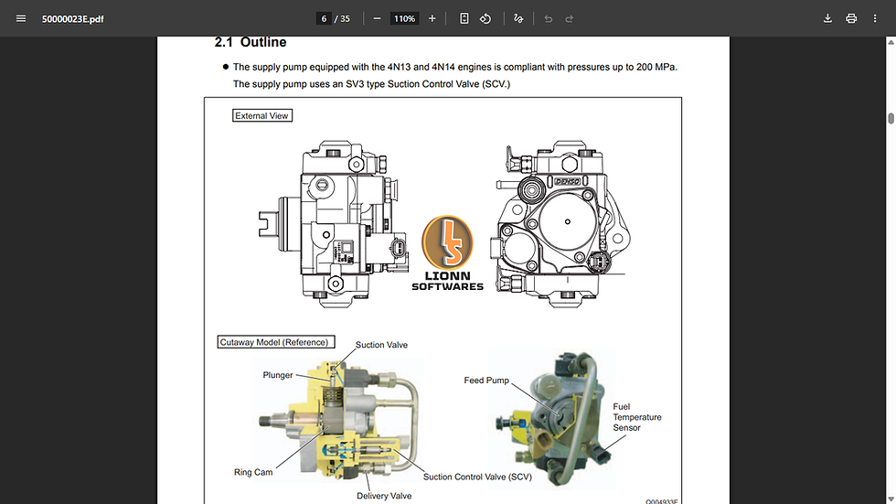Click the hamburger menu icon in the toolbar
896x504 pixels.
click(21, 18)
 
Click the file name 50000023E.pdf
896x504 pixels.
click(72, 19)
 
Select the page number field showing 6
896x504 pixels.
click(324, 18)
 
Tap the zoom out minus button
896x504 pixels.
click(377, 18)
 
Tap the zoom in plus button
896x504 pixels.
click(432, 18)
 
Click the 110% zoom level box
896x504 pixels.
click(404, 18)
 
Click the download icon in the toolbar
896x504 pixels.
click(827, 18)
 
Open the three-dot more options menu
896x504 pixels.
click(875, 18)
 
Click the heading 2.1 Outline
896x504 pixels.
click(250, 42)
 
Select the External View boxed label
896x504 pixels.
click(261, 116)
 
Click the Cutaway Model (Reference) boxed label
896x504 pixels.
click(273, 342)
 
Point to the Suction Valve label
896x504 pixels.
click(381, 345)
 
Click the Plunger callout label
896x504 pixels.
click(278, 375)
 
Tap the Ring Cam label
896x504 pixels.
click(253, 473)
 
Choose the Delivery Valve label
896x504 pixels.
click(384, 496)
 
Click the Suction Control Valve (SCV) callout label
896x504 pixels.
click(477, 477)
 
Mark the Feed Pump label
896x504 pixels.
click(486, 381)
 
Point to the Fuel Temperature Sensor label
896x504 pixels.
click(637, 417)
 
